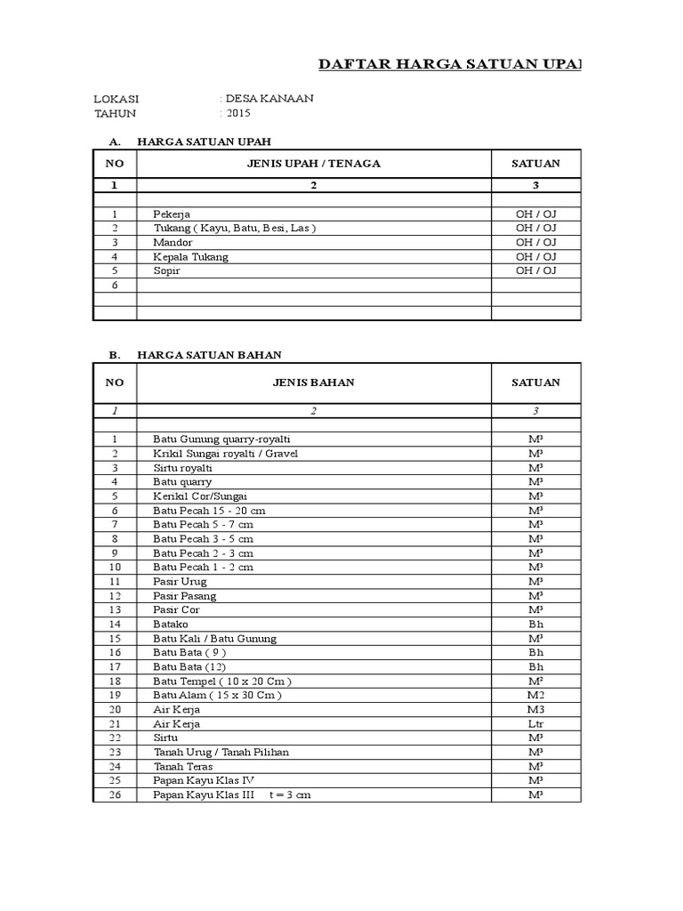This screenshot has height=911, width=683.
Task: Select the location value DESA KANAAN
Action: (x=269, y=99)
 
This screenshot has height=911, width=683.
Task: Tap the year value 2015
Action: (x=238, y=113)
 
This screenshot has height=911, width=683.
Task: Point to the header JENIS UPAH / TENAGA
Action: (x=313, y=164)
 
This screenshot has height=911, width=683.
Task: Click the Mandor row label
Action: (x=173, y=242)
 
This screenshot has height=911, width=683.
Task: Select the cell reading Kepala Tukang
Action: (x=190, y=256)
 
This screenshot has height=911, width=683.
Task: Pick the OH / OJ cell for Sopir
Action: (x=535, y=270)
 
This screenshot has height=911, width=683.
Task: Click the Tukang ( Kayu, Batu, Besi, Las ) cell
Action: (x=234, y=228)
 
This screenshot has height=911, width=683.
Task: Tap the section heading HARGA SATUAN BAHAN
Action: (x=209, y=355)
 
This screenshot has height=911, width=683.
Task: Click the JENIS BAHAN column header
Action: (x=313, y=383)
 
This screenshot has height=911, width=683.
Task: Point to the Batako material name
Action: (x=171, y=625)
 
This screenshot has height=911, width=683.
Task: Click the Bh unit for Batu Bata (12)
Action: (x=535, y=666)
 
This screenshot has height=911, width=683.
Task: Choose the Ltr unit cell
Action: (x=535, y=723)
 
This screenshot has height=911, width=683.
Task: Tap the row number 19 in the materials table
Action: (x=115, y=695)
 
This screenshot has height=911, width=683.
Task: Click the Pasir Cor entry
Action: (x=176, y=610)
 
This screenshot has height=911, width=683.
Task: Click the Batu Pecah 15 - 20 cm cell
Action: (x=209, y=511)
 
